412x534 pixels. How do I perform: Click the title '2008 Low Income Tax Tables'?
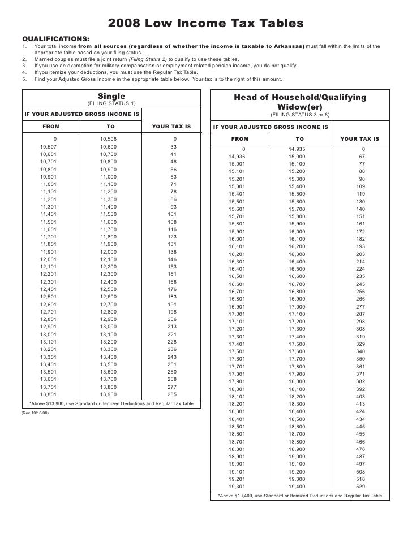coord(206,23)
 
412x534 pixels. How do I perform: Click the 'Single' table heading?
coord(111,97)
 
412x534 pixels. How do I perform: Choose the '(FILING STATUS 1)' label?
coord(111,104)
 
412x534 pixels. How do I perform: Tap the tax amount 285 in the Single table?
coord(172,394)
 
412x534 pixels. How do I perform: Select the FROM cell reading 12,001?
coord(48,259)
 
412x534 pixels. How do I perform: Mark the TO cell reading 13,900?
coord(108,394)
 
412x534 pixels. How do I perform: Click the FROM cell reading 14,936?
coord(237,157)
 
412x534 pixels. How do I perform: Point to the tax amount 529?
coord(360,486)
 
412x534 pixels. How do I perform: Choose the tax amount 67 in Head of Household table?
coord(362,157)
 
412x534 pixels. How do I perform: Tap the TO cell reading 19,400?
coord(297,486)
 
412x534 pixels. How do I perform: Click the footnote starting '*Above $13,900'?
coord(111,404)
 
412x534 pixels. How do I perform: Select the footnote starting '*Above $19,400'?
coord(300,496)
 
